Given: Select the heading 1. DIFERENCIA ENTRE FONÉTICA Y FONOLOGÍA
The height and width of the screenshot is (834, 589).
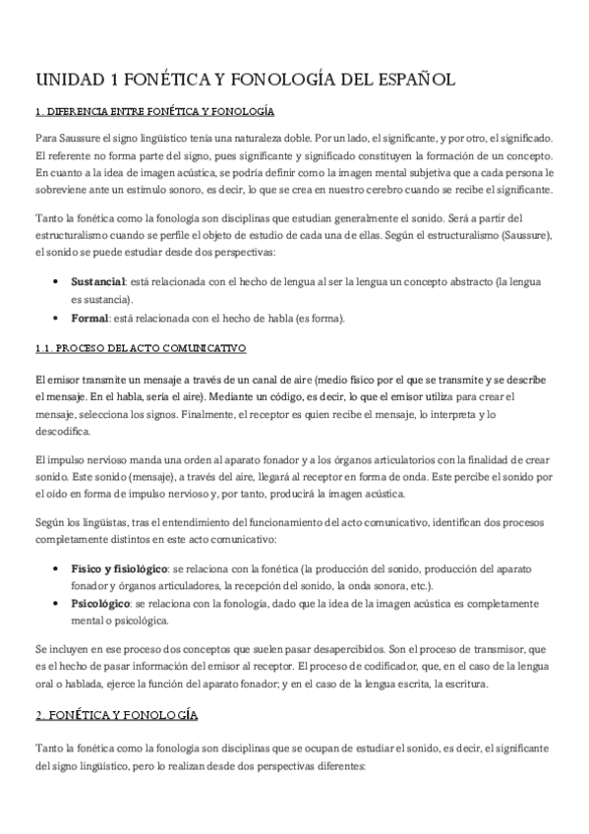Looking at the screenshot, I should click(153, 112).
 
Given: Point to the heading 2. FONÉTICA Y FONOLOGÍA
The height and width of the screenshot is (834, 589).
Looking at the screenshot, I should click(116, 714).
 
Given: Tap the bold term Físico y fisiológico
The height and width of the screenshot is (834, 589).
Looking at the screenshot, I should click(118, 568).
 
